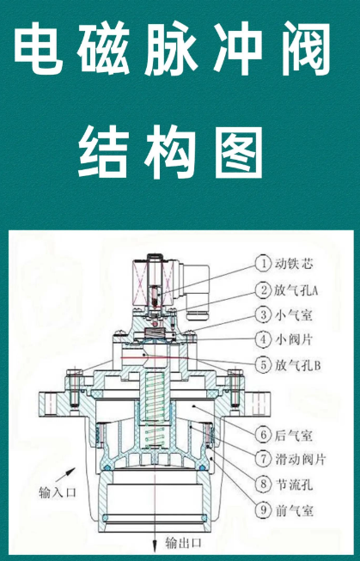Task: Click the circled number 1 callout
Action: pos(264,264)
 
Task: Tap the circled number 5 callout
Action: pos(264,365)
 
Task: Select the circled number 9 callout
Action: pos(264,509)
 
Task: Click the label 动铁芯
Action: pos(294,264)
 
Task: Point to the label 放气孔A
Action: pos(296,290)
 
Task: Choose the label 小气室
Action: pos(294,314)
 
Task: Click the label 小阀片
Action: pos(294,339)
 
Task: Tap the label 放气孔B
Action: pos(297,365)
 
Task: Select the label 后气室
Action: pos(294,436)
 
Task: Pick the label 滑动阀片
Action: pos(300,459)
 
